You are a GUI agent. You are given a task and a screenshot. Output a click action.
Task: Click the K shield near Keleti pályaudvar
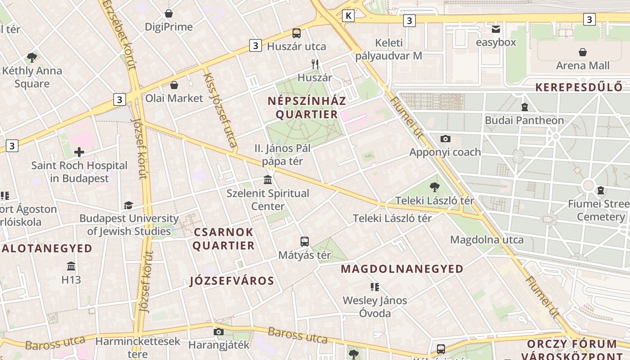(x=348, y=16)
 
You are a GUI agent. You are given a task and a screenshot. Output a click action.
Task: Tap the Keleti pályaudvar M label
(x=389, y=49)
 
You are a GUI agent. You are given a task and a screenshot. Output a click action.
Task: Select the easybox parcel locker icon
(x=495, y=29)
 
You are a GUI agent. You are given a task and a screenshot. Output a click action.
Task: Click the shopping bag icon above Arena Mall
(x=583, y=52)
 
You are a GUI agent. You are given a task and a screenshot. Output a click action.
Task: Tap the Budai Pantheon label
(x=524, y=120)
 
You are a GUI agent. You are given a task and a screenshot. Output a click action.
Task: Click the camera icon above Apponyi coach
(x=445, y=139)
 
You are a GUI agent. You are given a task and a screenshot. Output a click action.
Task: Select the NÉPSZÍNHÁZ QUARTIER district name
(x=307, y=107)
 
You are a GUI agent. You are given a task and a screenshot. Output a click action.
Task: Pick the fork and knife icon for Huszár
(x=315, y=64)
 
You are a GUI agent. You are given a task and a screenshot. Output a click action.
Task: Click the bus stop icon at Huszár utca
(x=296, y=33)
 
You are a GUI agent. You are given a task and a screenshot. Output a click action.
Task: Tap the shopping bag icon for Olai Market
(x=174, y=85)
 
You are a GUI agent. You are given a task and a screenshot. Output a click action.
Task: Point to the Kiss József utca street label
(x=220, y=111)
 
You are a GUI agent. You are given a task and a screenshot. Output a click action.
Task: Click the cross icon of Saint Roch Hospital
(x=79, y=152)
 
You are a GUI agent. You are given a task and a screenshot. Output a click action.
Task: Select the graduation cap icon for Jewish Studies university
(x=129, y=205)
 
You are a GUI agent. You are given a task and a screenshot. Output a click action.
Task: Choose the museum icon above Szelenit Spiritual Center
(x=268, y=180)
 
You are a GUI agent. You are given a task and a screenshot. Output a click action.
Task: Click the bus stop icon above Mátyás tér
(x=305, y=242)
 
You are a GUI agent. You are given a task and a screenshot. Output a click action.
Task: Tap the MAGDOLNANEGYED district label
(x=402, y=269)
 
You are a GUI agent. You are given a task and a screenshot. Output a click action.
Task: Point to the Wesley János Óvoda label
(x=374, y=306)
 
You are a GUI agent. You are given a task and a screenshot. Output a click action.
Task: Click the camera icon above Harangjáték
(x=218, y=332)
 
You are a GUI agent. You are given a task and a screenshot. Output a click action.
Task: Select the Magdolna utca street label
(x=487, y=239)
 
